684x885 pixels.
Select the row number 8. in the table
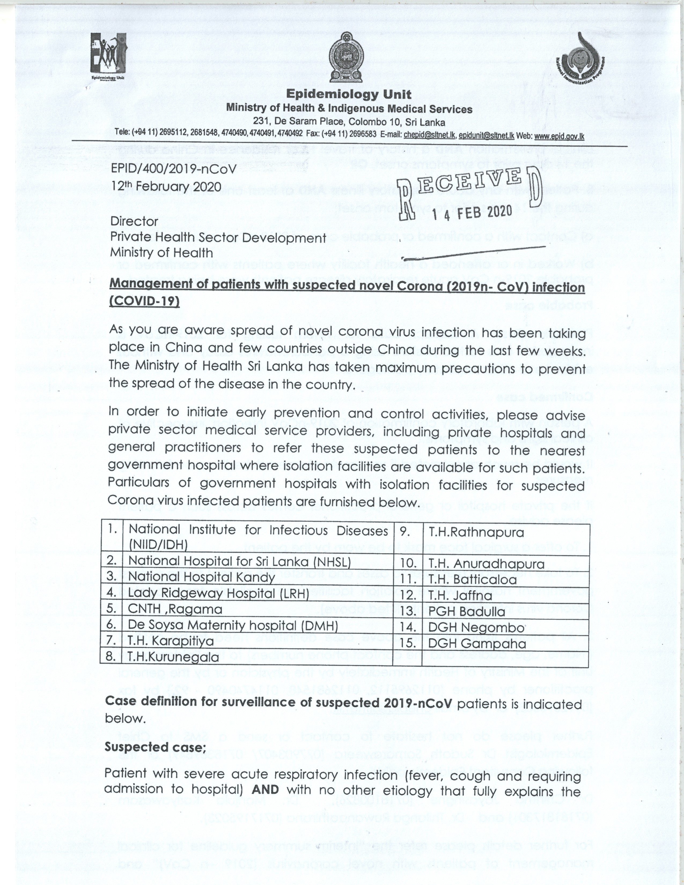point(111,657)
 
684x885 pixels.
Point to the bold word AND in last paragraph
point(265,789)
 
